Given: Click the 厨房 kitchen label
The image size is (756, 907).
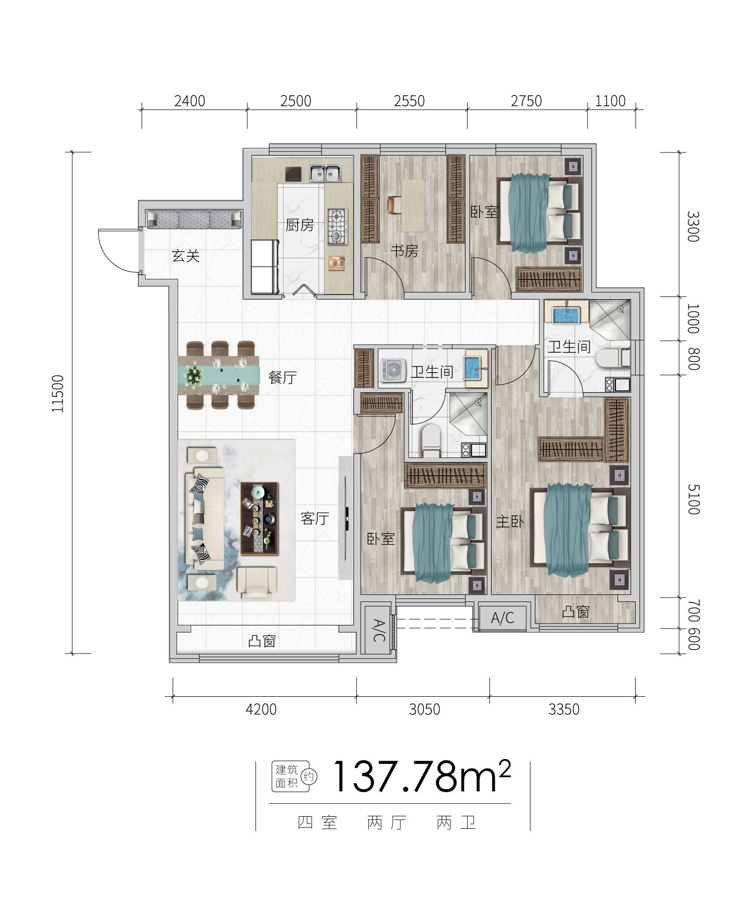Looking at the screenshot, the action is [299, 225].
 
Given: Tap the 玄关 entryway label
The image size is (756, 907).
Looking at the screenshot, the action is [186, 256].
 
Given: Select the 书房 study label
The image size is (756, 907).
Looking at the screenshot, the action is [404, 250].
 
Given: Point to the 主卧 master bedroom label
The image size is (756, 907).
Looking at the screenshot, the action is [510, 522].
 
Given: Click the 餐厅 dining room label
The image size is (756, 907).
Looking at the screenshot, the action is [282, 377].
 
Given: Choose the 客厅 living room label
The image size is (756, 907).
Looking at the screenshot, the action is [315, 518].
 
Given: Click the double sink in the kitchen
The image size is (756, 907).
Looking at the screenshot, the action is [325, 174].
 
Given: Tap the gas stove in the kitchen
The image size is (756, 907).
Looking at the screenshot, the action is [338, 226].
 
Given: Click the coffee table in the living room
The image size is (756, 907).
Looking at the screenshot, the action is [259, 518].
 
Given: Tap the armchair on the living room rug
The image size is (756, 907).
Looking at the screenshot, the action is [257, 583].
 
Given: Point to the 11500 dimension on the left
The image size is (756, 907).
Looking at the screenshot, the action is [59, 394].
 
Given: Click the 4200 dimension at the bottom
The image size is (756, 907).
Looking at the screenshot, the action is [261, 709].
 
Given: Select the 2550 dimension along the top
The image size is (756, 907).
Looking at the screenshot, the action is [409, 101].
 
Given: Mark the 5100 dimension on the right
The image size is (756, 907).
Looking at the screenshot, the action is [693, 500].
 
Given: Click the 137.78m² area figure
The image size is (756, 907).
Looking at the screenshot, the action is [421, 777].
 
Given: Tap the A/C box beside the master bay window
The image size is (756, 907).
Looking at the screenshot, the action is [503, 618].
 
